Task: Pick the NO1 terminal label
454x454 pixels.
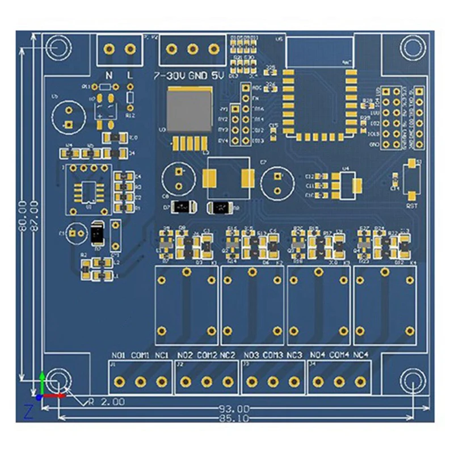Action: [x=119, y=356]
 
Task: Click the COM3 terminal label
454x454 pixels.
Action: [x=273, y=356]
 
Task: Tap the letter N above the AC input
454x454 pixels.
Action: [x=110, y=75]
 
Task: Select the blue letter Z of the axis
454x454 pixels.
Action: [x=28, y=411]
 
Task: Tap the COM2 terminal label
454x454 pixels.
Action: [x=207, y=356]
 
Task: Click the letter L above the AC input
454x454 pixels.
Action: [x=130, y=75]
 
